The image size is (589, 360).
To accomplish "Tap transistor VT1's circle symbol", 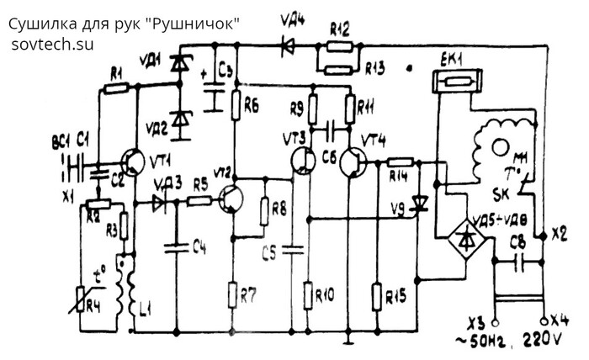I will [135, 161].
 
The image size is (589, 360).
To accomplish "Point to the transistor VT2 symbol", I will [231, 200].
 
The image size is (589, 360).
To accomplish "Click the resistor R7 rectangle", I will [234, 295].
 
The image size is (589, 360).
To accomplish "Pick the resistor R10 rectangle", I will [309, 295].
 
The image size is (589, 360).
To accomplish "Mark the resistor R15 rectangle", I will [377, 295].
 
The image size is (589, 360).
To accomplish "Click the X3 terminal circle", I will [493, 320].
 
